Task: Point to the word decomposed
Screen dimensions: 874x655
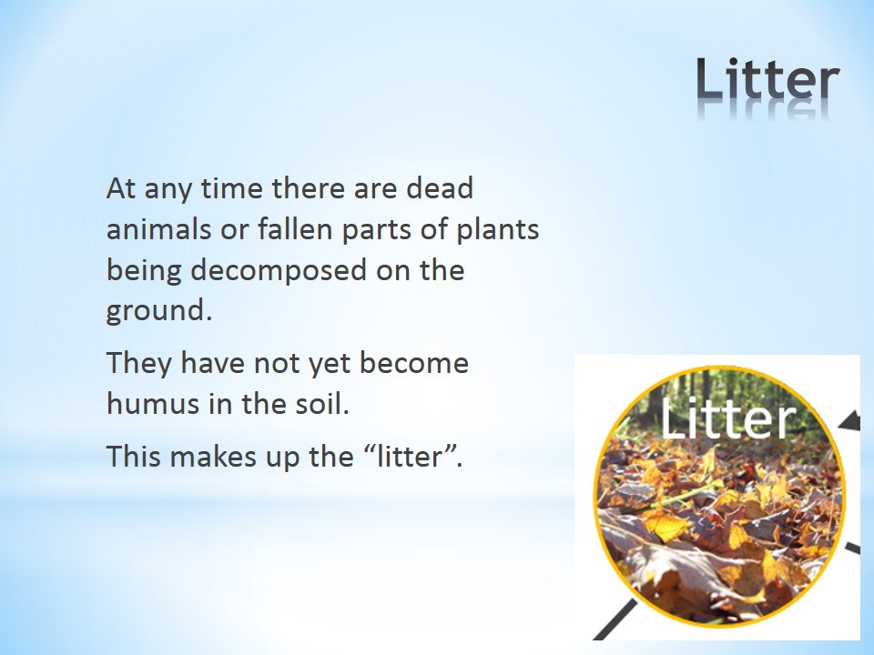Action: click(279, 271)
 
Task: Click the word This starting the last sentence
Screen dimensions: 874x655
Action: click(133, 456)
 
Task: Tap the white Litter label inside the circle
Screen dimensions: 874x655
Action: click(728, 418)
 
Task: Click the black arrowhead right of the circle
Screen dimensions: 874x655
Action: click(850, 421)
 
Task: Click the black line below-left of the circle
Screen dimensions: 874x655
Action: click(615, 620)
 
